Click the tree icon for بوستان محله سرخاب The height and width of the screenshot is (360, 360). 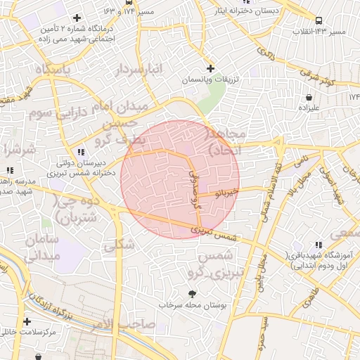point(191,294)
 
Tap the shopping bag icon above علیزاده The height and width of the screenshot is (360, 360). point(309,97)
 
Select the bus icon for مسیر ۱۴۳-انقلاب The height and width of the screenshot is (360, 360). point(320,20)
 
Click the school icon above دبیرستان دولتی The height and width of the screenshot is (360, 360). point(82,151)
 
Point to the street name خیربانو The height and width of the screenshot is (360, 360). point(226,191)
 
